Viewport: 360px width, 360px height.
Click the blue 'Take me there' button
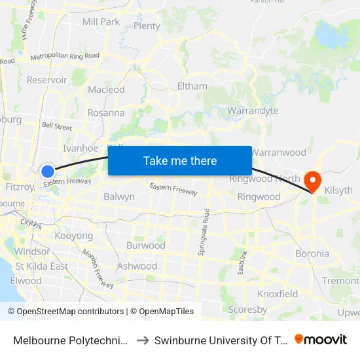tap(180, 160)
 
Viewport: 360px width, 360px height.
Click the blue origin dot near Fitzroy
tap(48, 171)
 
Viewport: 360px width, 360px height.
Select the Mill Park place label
tap(101, 22)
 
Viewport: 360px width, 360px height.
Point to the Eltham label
tap(192, 86)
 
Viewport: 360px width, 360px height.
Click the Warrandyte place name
tap(253, 111)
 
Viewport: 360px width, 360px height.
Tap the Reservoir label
tap(47, 80)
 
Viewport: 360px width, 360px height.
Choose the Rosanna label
tap(106, 113)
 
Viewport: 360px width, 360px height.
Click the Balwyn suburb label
tap(119, 196)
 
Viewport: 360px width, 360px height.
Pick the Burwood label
tap(145, 245)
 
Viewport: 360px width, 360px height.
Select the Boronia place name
tap(312, 253)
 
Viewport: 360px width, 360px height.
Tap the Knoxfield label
tap(278, 294)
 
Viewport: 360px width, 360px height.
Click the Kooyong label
tap(73, 235)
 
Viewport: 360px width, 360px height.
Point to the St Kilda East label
tap(42, 266)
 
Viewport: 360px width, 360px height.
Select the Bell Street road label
tap(56, 126)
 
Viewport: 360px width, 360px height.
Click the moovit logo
tap(321, 339)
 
